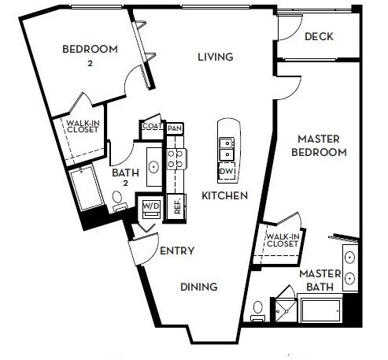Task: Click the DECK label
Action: tap(320, 36)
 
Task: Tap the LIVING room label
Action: tap(215, 57)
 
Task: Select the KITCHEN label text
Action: tap(224, 195)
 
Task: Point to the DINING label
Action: tap(198, 287)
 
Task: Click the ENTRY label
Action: tap(177, 251)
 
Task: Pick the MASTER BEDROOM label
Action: tap(318, 146)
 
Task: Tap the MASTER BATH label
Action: tap(320, 280)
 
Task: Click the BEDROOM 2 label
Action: tap(90, 55)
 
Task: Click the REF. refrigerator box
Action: tap(178, 206)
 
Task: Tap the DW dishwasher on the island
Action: tap(226, 172)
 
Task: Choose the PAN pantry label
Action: tap(175, 128)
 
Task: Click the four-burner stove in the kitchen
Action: tap(176, 160)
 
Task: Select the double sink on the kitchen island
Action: tap(226, 149)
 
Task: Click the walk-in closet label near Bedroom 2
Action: tap(81, 126)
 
